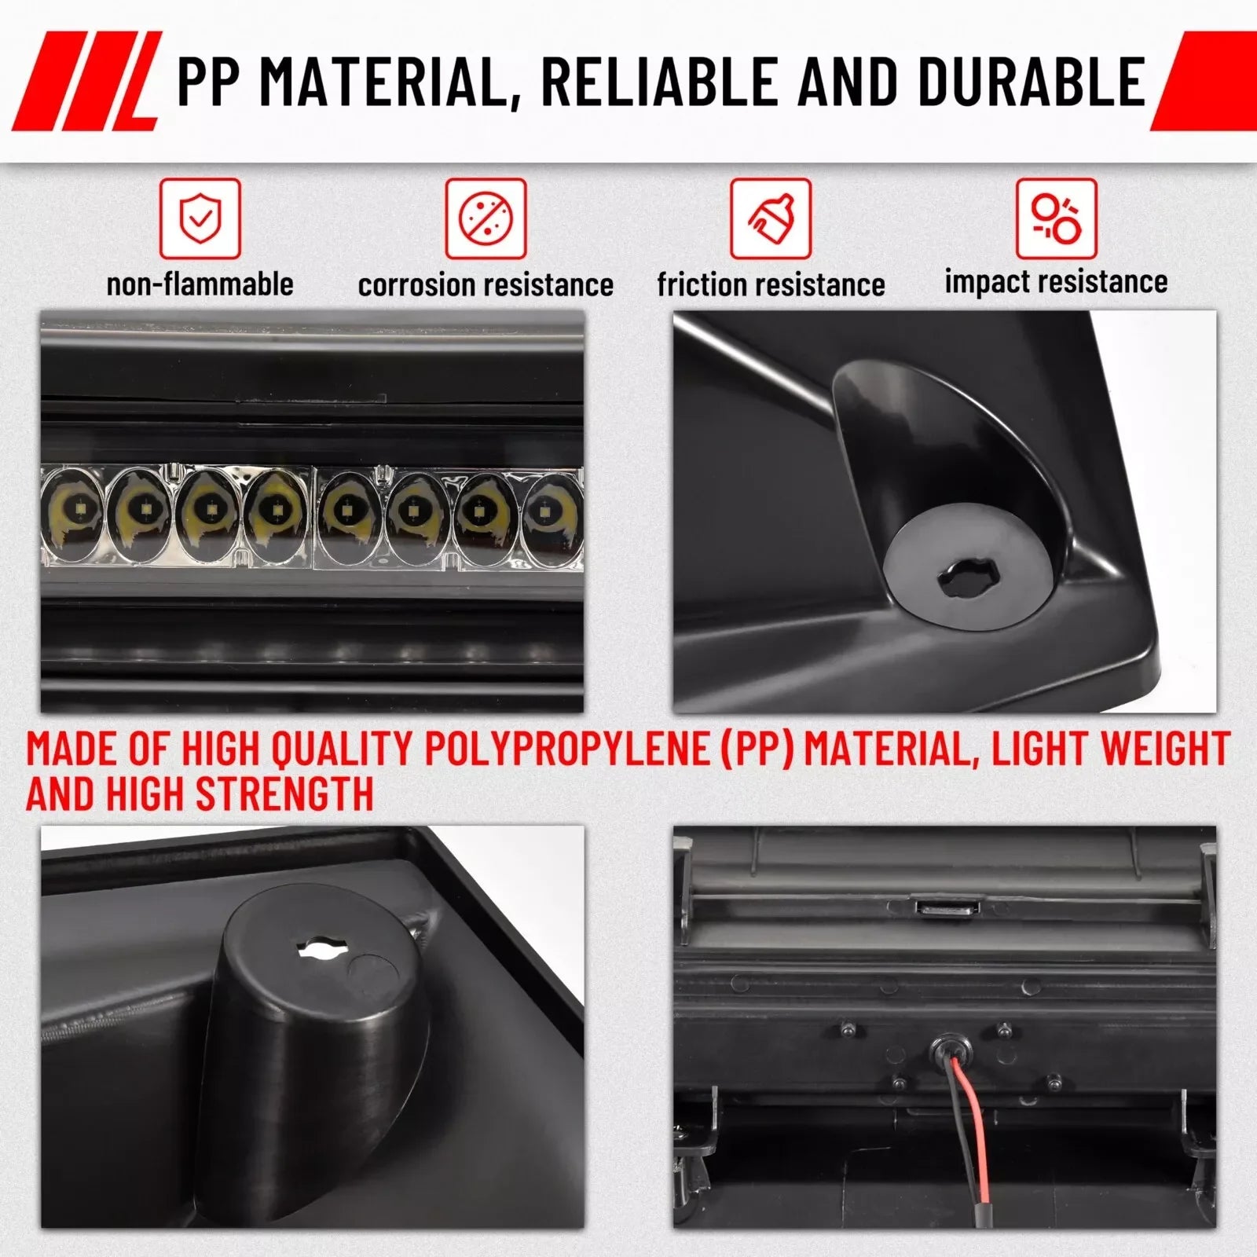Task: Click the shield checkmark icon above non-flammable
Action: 200,218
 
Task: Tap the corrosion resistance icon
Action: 486,218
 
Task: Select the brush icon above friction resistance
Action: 771,218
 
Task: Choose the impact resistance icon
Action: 1056,218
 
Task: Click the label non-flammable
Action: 200,284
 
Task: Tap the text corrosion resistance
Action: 486,285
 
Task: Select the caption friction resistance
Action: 771,284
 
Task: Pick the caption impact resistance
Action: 1056,281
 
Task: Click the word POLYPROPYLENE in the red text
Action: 566,749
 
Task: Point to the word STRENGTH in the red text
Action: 284,793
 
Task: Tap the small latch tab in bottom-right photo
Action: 946,907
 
